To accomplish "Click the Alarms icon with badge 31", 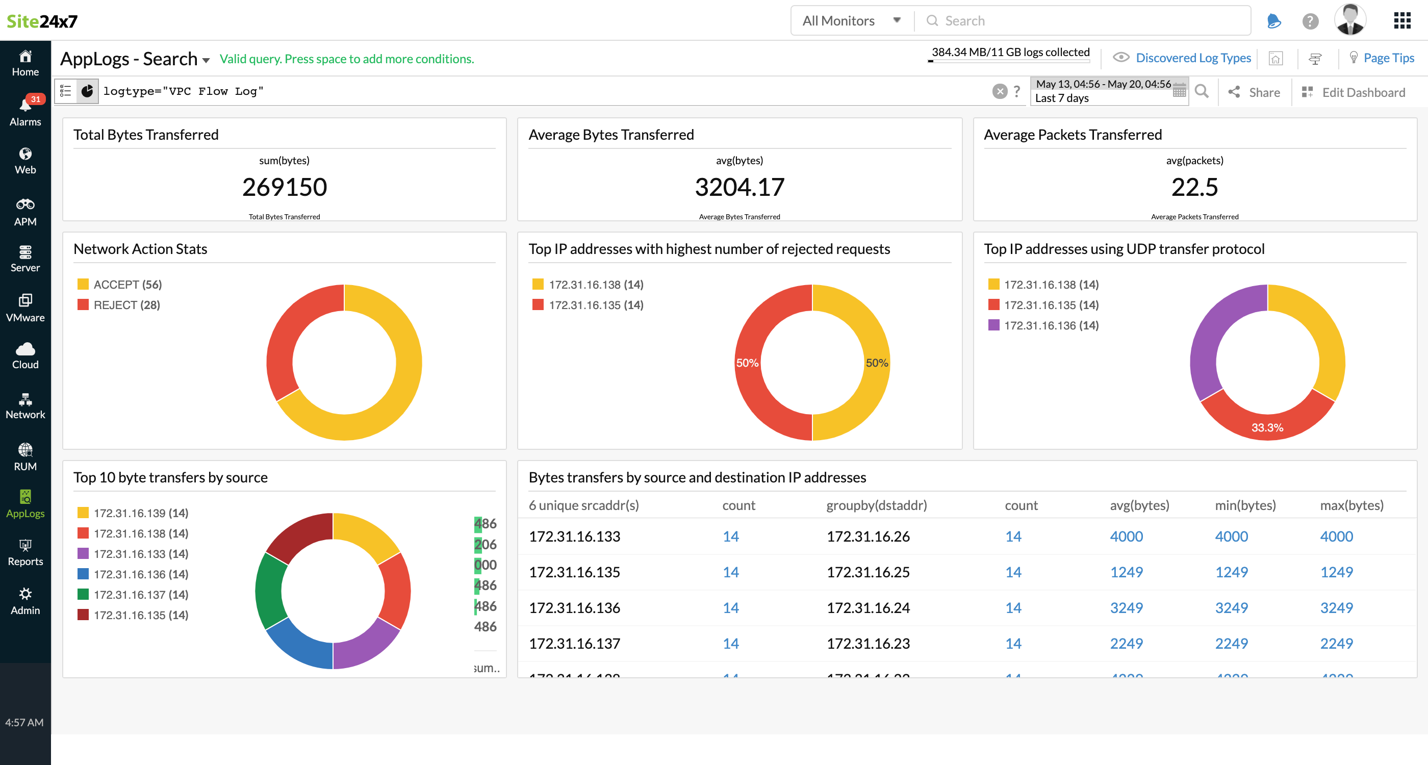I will [x=25, y=110].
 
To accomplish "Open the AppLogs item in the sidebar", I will [x=25, y=503].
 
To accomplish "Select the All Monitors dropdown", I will [x=851, y=21].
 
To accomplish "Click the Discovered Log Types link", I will [x=1192, y=58].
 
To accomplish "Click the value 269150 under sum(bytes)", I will [x=285, y=187].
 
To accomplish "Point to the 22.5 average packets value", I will [x=1194, y=187].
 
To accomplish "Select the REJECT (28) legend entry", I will [x=126, y=305].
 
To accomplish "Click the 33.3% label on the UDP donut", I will [x=1267, y=427].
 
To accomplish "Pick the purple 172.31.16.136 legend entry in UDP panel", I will [x=1051, y=325].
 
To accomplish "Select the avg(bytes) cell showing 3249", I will [x=1126, y=607].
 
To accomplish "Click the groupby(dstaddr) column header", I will [x=876, y=505].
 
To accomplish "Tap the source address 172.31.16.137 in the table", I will [x=574, y=643].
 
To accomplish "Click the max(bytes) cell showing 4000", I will [x=1336, y=536].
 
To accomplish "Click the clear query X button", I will [x=1000, y=91].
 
